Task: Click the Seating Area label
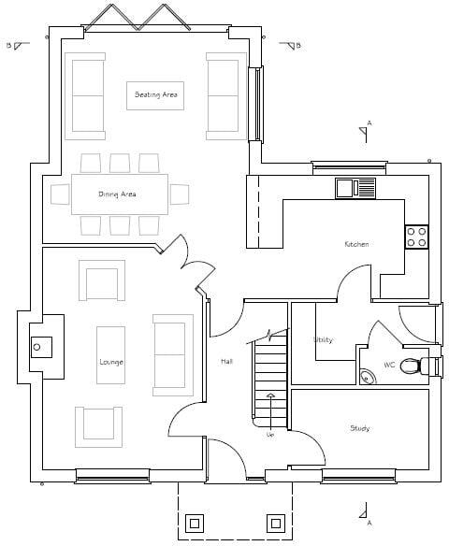point(155,94)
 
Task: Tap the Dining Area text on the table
point(118,194)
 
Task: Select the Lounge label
point(111,362)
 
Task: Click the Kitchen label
point(356,244)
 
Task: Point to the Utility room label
point(323,340)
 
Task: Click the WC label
point(389,366)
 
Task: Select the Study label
point(360,428)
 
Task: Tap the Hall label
point(226,362)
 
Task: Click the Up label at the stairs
point(270,435)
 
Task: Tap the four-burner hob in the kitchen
point(416,237)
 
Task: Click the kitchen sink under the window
point(355,188)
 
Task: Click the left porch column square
point(195,522)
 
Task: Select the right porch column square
point(275,522)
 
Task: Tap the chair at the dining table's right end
point(180,194)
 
